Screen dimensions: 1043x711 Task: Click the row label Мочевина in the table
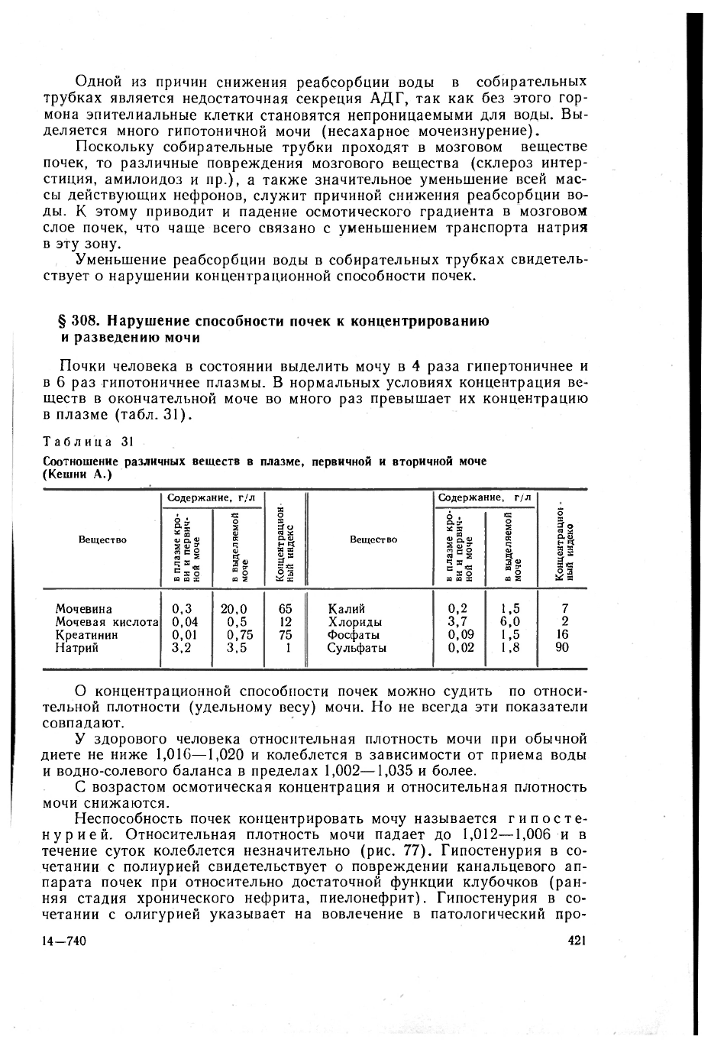[x=83, y=609]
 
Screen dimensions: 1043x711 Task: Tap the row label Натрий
[x=76, y=648]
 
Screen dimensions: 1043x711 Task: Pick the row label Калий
[x=346, y=609]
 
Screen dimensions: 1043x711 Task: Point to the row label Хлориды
[x=354, y=622]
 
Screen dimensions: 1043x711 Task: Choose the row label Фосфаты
[x=354, y=635]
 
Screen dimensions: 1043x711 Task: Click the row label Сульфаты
[x=357, y=648]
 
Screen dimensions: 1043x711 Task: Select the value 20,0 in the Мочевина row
[x=234, y=609]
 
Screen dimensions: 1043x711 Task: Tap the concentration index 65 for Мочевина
[x=286, y=609]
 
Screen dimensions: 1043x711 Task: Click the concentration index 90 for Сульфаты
[x=564, y=648]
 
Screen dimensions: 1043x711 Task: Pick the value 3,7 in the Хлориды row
[x=457, y=622]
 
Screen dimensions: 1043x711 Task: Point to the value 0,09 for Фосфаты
[x=461, y=635]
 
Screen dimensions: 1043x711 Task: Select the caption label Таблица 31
[x=89, y=442]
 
